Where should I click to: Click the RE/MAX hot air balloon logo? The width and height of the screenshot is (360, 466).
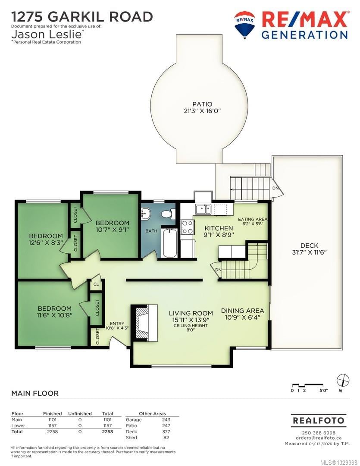tap(244, 25)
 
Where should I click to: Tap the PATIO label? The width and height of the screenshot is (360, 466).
tap(202, 104)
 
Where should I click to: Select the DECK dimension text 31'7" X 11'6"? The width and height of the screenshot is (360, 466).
tap(309, 252)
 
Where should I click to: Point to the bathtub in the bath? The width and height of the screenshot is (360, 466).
tap(169, 243)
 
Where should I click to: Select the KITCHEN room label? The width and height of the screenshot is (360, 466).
tap(219, 228)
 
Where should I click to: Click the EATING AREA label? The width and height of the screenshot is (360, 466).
tap(253, 219)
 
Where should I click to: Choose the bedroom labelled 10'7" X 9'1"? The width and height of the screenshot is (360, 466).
tap(112, 226)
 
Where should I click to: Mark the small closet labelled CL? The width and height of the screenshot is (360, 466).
tap(96, 284)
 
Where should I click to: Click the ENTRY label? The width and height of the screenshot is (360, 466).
tap(117, 324)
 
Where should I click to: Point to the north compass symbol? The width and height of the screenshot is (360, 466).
tap(343, 381)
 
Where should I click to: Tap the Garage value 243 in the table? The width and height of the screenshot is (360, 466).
tap(166, 420)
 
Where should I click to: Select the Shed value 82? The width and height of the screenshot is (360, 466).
tap(166, 438)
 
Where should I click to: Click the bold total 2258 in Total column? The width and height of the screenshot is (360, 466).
tap(107, 431)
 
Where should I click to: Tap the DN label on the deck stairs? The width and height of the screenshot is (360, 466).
tap(275, 188)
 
